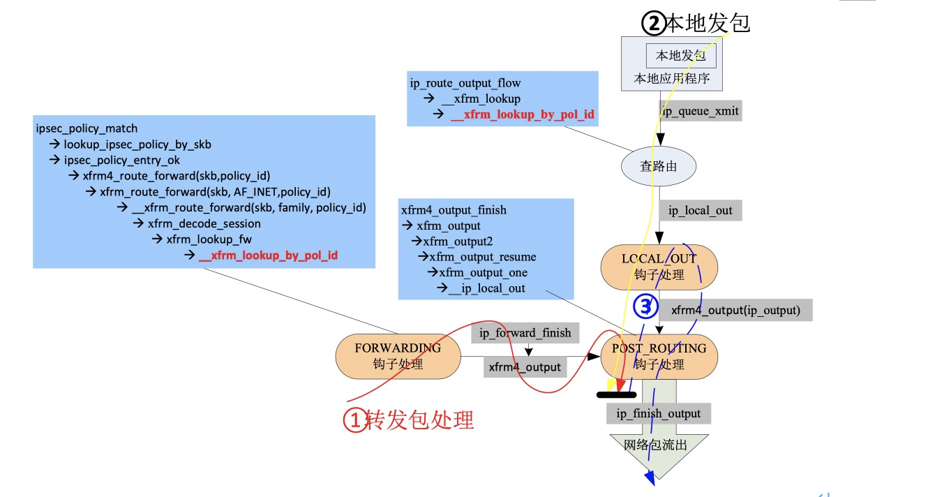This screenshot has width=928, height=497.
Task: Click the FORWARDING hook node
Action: tap(398, 356)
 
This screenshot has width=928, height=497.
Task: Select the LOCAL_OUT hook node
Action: tap(659, 267)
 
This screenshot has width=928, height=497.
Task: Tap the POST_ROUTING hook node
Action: tap(659, 356)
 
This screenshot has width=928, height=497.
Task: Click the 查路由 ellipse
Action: tap(658, 166)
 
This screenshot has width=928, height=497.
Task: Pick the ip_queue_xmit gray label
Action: tap(699, 110)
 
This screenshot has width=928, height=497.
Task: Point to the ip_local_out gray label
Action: tap(700, 210)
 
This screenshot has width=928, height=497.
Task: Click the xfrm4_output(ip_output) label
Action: tap(735, 310)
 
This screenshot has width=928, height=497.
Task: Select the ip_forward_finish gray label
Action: tap(525, 333)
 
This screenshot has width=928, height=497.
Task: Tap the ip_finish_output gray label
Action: tap(658, 413)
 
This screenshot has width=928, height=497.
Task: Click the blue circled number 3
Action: tap(645, 306)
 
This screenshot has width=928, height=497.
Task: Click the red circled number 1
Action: tap(354, 420)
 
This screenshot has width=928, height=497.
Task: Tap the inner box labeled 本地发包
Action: tap(680, 55)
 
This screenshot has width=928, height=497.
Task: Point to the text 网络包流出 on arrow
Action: tap(658, 445)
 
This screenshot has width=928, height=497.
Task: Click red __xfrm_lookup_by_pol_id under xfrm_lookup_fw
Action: tap(269, 255)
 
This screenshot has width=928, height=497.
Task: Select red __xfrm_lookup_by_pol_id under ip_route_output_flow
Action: tap(523, 114)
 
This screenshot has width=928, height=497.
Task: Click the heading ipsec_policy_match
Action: tap(87, 128)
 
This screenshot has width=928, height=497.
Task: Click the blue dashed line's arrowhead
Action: tap(650, 477)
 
